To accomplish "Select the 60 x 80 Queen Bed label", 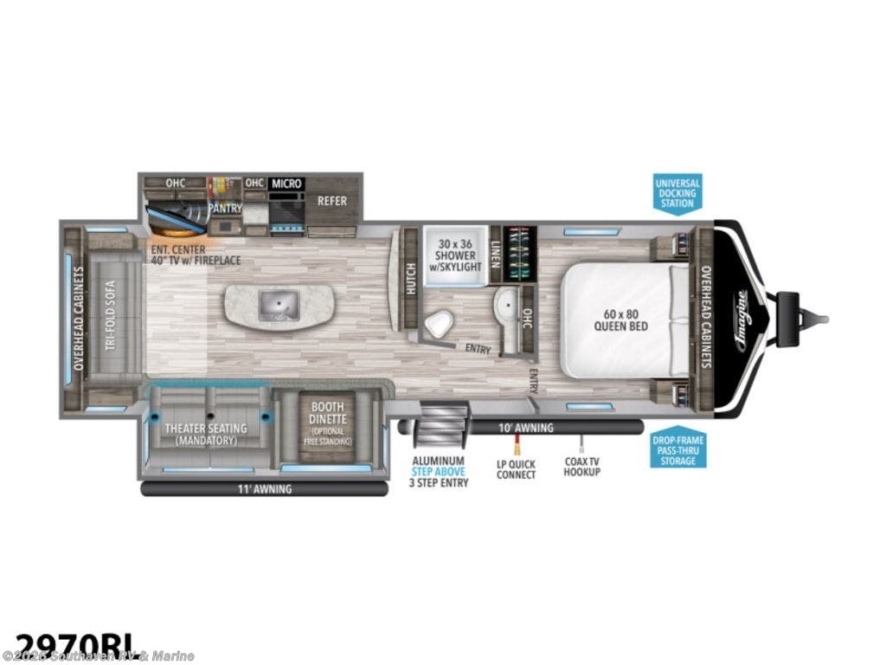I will tap(621, 320).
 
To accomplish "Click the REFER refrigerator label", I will tap(332, 201).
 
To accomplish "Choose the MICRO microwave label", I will tap(286, 184).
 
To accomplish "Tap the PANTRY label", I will tap(224, 209).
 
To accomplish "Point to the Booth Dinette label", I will tap(328, 422).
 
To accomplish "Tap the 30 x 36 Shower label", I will tap(455, 250).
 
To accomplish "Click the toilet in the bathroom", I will tap(440, 323).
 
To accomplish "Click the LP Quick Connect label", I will tap(517, 468).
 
